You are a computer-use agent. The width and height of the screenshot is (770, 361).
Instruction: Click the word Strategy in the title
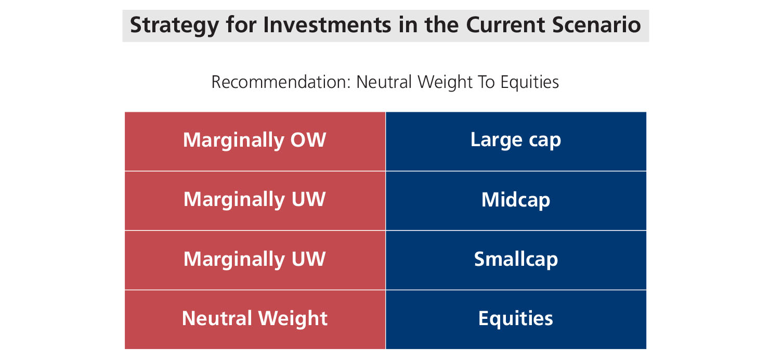tap(174, 26)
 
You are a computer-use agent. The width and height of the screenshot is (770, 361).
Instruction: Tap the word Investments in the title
tap(327, 25)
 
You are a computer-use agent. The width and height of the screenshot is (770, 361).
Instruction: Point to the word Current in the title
tap(505, 25)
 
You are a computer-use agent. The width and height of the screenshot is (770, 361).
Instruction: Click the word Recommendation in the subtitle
tap(281, 82)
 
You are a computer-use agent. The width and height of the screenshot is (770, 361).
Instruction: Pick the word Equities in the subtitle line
tap(530, 83)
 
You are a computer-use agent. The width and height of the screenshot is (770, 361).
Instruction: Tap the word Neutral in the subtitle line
tap(384, 82)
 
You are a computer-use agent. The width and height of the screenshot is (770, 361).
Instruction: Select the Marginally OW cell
tap(255, 141)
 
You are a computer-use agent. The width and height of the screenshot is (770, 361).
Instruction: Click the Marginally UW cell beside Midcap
tap(255, 201)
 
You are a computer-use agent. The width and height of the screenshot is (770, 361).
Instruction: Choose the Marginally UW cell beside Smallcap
tap(255, 260)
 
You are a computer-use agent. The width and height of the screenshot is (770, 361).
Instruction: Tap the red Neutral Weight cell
tap(255, 320)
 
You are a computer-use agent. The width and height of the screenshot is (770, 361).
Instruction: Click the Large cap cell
tap(516, 141)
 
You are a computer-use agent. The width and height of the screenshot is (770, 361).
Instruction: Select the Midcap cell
tap(516, 201)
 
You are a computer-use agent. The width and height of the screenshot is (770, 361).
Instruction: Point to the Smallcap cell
tap(516, 260)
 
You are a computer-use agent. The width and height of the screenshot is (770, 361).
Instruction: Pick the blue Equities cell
tap(516, 320)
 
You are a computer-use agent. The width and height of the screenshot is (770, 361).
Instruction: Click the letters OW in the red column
tap(308, 140)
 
